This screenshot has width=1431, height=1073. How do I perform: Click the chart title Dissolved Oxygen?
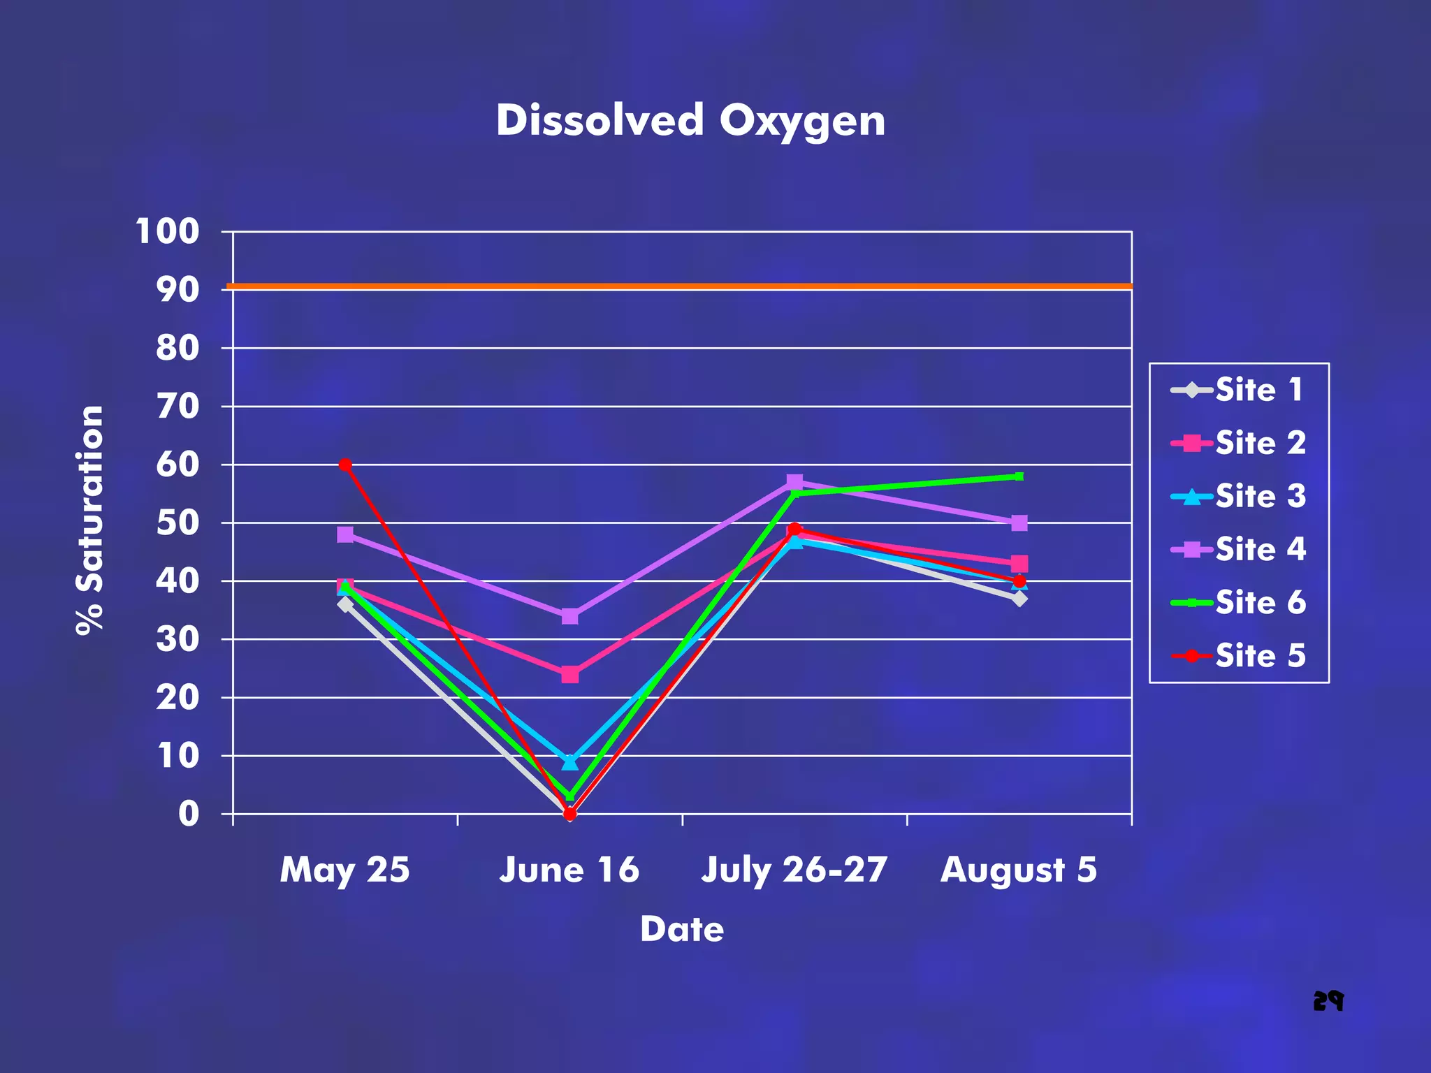pyautogui.click(x=690, y=120)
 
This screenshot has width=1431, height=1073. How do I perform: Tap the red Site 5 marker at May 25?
pyautogui.click(x=345, y=465)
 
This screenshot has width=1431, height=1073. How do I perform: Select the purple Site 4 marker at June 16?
pyautogui.click(x=569, y=616)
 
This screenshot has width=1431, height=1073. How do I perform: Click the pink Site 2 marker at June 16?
pyautogui.click(x=569, y=674)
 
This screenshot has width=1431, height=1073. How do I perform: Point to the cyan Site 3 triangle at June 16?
pyautogui.click(x=569, y=761)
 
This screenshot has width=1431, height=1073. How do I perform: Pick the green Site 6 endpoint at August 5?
pyautogui.click(x=1019, y=476)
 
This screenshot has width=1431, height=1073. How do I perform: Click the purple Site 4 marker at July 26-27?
pyautogui.click(x=794, y=482)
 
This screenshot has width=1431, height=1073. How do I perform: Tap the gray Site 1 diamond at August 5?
pyautogui.click(x=1019, y=599)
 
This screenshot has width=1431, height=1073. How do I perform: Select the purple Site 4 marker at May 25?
pyautogui.click(x=345, y=534)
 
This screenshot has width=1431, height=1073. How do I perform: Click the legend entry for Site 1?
pyautogui.click(x=1237, y=390)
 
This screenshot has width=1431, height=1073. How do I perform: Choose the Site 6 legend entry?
pyautogui.click(x=1237, y=602)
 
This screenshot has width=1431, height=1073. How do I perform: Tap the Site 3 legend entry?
pyautogui.click(x=1237, y=496)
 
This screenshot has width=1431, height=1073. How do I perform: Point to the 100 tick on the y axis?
pyautogui.click(x=168, y=231)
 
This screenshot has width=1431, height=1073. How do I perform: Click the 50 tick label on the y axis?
pyautogui.click(x=177, y=523)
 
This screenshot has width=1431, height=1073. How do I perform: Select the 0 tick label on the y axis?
pyautogui.click(x=189, y=814)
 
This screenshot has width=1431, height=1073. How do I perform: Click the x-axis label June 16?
pyautogui.click(x=569, y=870)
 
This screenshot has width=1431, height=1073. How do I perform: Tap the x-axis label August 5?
pyautogui.click(x=1019, y=870)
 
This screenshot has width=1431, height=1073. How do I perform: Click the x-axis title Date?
pyautogui.click(x=682, y=929)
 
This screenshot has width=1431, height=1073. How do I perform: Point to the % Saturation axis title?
pyautogui.click(x=90, y=520)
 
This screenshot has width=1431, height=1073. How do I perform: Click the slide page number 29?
pyautogui.click(x=1328, y=1001)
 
